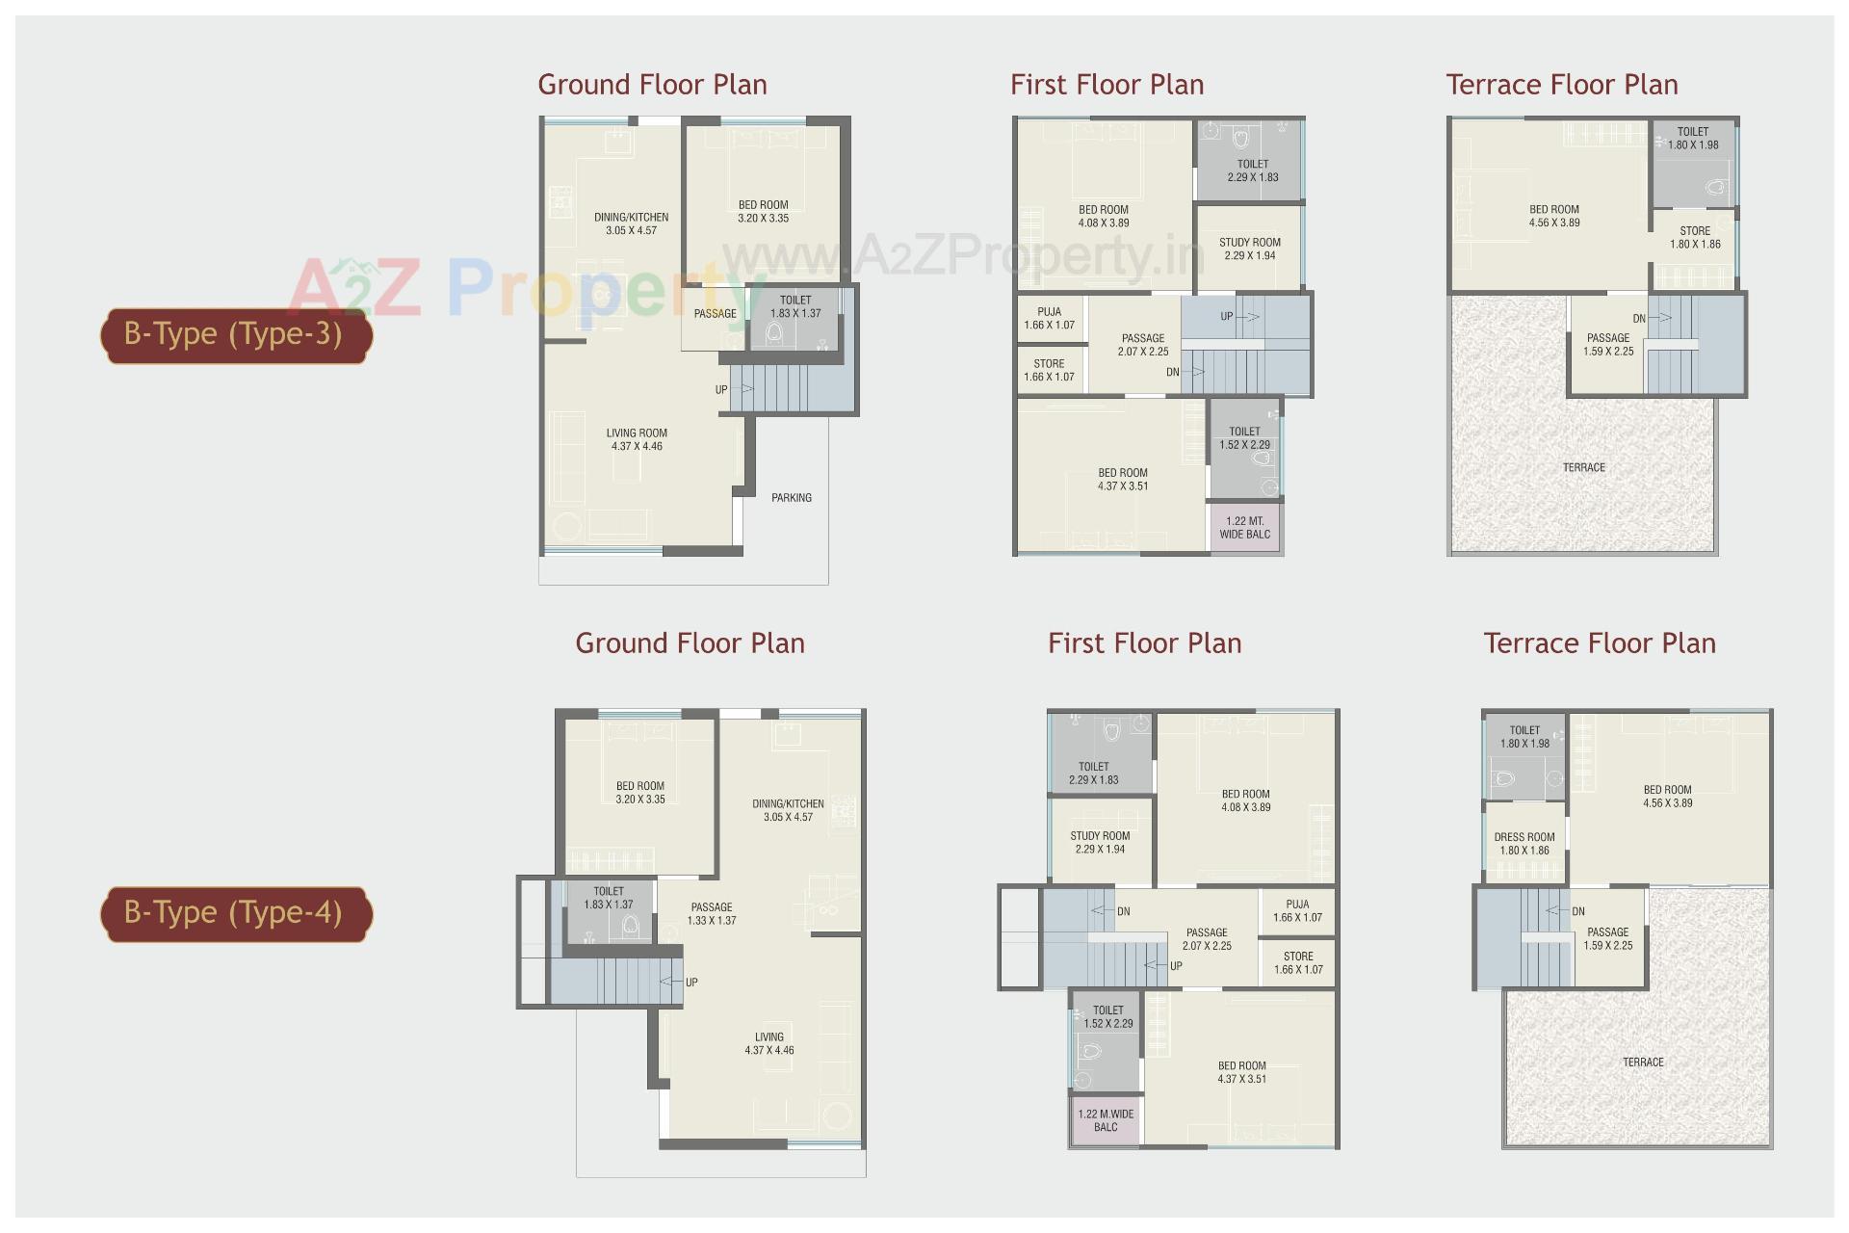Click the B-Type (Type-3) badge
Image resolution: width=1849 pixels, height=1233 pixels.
click(x=236, y=335)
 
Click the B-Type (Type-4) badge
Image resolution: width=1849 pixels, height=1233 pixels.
click(x=236, y=913)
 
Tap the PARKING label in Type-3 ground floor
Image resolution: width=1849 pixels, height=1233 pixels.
click(x=791, y=498)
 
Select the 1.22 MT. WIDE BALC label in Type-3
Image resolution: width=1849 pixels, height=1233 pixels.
click(x=1244, y=528)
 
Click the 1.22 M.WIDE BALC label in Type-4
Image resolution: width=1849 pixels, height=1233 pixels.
click(x=1106, y=1120)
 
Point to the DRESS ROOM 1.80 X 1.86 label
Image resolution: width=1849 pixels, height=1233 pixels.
click(x=1524, y=844)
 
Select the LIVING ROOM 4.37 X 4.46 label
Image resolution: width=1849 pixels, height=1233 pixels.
click(x=637, y=439)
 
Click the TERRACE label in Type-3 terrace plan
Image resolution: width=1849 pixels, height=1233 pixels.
click(x=1583, y=467)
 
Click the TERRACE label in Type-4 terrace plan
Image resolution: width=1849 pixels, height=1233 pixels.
click(x=1643, y=1062)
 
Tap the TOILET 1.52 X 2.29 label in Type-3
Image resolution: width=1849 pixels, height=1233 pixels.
click(x=1244, y=438)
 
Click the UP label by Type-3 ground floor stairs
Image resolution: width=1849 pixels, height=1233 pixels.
click(x=721, y=390)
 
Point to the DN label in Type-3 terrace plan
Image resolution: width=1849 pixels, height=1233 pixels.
click(x=1639, y=319)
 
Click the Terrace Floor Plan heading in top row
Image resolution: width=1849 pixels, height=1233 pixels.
click(x=1561, y=85)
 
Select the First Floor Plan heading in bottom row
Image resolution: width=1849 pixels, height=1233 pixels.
click(x=1144, y=643)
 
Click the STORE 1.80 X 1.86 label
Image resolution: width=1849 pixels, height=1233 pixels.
click(x=1695, y=237)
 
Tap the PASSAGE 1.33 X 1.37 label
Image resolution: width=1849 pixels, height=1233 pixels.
click(x=712, y=913)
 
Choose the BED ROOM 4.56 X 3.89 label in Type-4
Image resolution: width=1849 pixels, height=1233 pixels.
click(x=1667, y=796)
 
